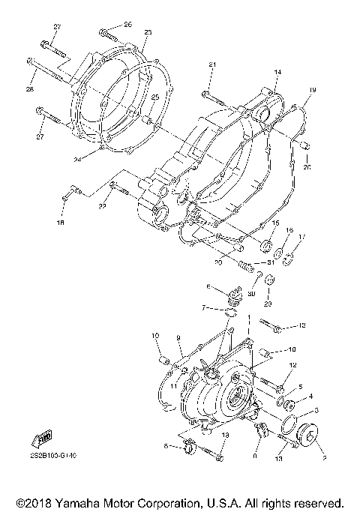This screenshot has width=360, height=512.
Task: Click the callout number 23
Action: pos(148,33)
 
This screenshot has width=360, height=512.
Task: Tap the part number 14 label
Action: pos(277,72)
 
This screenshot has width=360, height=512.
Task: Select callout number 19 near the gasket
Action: pos(313,91)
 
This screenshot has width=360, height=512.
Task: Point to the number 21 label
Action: pos(212,66)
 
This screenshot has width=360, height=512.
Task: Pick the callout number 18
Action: pos(62,223)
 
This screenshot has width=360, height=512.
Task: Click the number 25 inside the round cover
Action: pos(155,98)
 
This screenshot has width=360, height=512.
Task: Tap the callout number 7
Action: pos(202,307)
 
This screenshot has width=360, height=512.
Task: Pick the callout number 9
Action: pos(179,338)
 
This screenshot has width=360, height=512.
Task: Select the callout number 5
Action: pos(301,387)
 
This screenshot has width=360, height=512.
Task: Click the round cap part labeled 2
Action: pos(307,437)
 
